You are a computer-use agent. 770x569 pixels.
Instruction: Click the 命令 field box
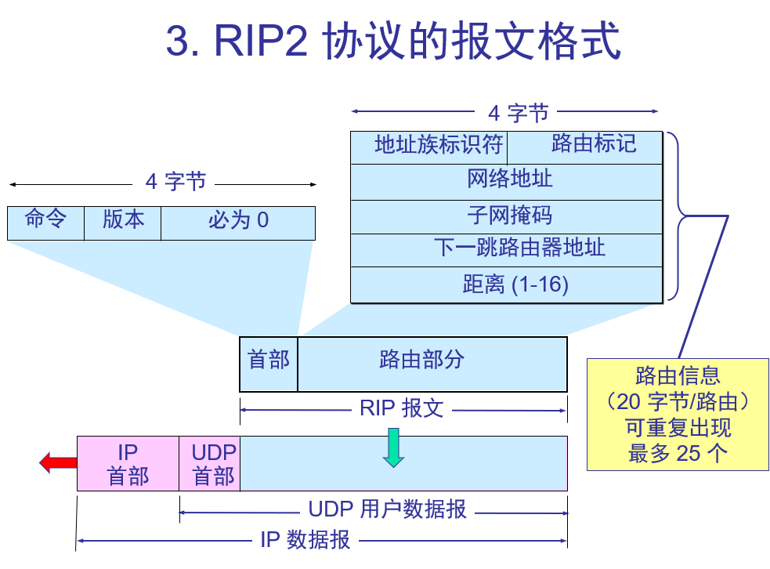coord(45,223)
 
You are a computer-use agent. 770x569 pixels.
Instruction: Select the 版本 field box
coord(123,223)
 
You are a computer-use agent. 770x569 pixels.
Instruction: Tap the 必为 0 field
coord(238,223)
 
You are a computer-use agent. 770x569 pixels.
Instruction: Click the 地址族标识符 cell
coord(429,147)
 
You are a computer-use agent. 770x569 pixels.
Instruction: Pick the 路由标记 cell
coord(585,147)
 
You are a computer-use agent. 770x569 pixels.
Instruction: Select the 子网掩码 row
coord(506,216)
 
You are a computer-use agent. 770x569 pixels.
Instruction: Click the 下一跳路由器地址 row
coord(506,250)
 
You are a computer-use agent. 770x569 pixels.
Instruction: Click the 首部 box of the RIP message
coord(269,364)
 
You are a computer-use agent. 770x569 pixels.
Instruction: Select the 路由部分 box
coord(432,364)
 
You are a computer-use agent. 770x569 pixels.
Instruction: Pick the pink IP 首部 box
coord(128,464)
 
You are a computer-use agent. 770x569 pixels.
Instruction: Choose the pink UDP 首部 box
coord(210,464)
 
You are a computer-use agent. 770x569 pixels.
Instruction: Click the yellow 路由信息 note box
coord(678,414)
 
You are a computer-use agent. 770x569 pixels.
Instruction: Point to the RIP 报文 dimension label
coord(402,408)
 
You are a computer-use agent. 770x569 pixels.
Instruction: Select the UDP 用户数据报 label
coord(387,510)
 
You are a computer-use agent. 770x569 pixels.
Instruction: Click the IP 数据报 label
coord(305,540)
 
